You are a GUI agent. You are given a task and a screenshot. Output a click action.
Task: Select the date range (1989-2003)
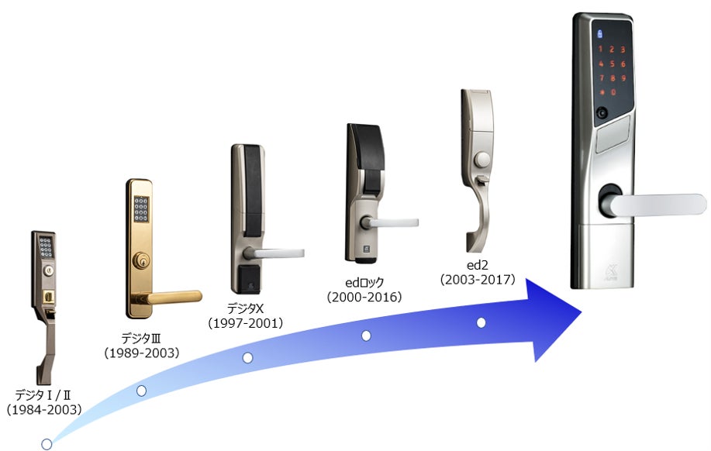click(142, 353)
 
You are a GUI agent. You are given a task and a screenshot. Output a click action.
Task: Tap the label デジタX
click(247, 308)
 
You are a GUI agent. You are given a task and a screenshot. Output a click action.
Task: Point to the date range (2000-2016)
click(364, 297)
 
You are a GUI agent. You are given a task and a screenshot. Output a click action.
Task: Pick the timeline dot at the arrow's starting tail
click(47, 444)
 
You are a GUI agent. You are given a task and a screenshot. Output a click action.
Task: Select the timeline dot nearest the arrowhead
click(481, 322)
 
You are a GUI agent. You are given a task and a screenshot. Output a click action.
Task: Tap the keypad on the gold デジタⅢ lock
click(141, 210)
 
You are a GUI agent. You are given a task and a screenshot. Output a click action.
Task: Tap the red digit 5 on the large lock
click(613, 64)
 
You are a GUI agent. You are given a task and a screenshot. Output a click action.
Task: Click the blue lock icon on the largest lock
click(597, 33)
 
